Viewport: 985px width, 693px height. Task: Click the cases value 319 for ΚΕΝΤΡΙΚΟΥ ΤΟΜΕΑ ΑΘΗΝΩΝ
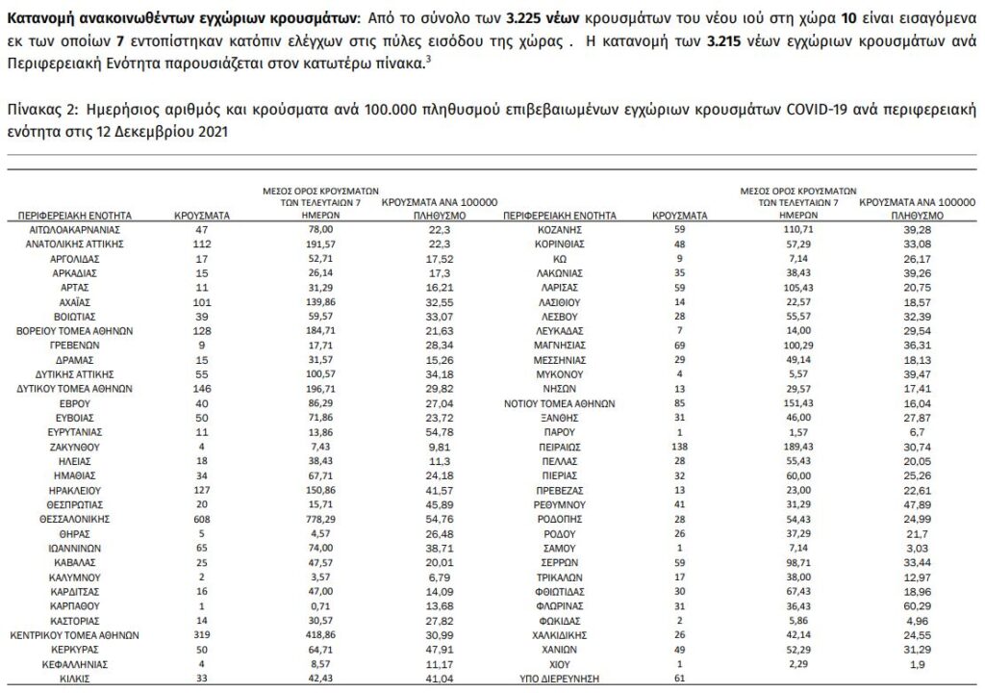201,636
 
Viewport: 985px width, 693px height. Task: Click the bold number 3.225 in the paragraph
534,18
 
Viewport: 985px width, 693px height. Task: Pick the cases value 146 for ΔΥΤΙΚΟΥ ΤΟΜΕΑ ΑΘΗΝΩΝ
201,388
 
